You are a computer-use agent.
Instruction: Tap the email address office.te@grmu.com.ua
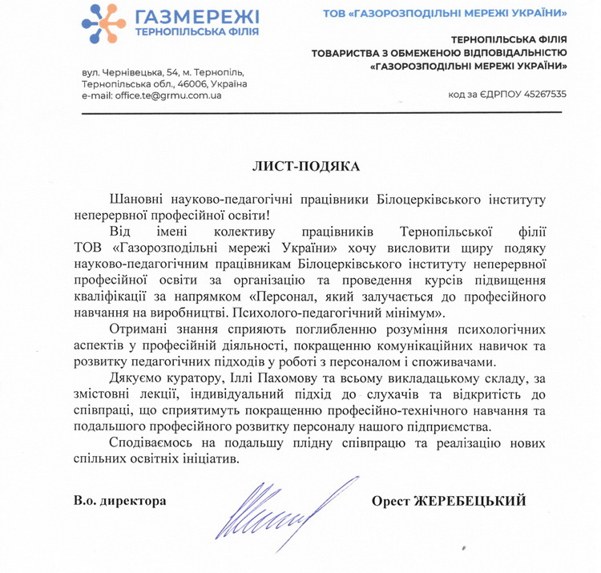152,95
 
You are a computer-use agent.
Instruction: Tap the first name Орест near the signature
390,501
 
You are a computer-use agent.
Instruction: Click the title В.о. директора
119,501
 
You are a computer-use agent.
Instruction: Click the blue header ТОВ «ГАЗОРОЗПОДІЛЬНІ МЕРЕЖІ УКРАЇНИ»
454,13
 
